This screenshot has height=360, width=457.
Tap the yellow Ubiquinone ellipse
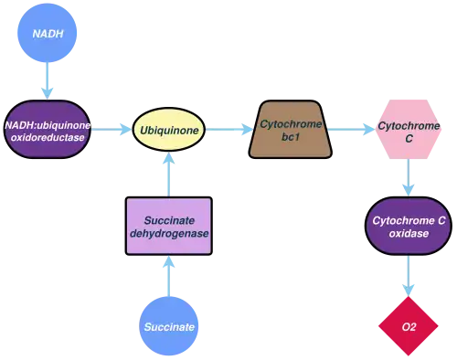tap(167, 130)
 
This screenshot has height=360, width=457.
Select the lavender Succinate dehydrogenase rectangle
tap(168, 226)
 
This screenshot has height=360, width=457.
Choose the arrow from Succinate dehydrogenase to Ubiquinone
tap(168, 175)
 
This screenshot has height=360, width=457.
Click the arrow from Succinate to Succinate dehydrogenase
tap(168, 275)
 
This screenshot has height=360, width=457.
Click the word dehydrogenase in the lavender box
tap(168, 234)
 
